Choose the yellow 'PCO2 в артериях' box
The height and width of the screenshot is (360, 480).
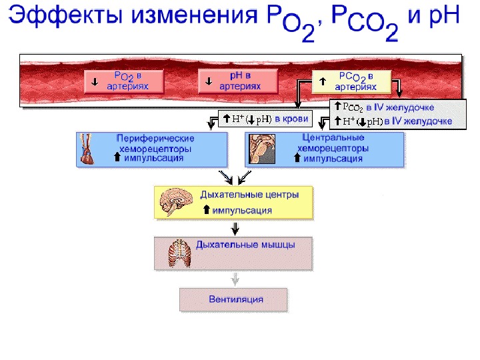tap(352, 81)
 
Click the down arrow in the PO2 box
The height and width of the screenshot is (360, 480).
tap(95, 83)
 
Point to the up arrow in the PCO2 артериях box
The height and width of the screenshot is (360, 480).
tap(322, 81)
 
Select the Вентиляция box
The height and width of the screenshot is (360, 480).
tap(234, 299)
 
